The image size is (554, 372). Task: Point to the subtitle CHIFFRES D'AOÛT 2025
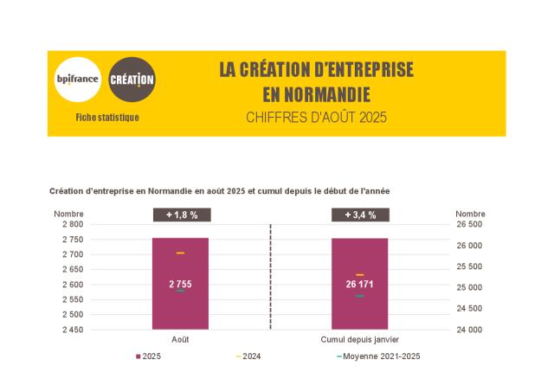pyautogui.click(x=316, y=117)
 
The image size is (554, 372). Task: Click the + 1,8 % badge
pyautogui.click(x=180, y=215)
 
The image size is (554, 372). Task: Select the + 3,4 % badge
pyautogui.click(x=359, y=215)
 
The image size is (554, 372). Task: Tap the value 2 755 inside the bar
pyautogui.click(x=180, y=284)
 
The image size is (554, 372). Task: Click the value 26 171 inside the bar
pyautogui.click(x=359, y=284)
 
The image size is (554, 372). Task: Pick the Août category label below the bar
pyautogui.click(x=180, y=340)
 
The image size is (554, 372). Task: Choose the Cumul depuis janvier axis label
pyautogui.click(x=359, y=340)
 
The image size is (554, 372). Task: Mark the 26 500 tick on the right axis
pyautogui.click(x=469, y=224)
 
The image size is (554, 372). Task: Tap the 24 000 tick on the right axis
pyautogui.click(x=469, y=330)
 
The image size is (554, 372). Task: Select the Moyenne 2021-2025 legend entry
pyautogui.click(x=381, y=356)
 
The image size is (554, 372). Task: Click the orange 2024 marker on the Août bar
pyautogui.click(x=180, y=253)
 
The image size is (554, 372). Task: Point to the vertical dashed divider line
pyautogui.click(x=270, y=277)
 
